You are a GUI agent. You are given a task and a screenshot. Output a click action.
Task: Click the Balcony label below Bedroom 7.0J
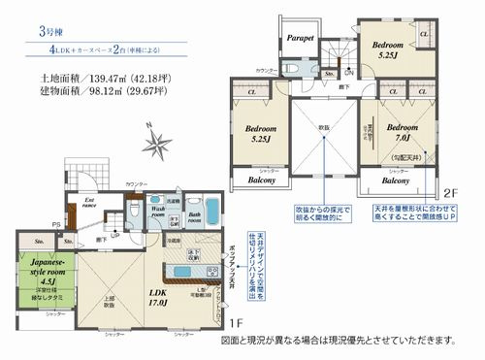[395, 180]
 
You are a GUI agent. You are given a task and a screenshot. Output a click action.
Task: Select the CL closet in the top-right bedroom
[425, 35]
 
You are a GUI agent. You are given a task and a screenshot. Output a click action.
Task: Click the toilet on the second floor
[296, 70]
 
